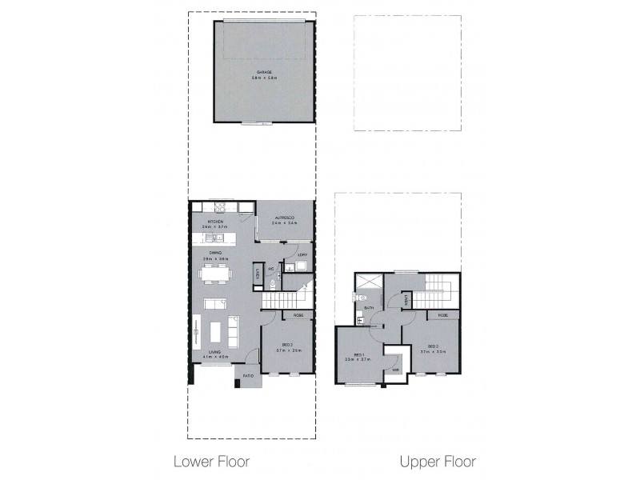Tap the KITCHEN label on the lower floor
point(215,222)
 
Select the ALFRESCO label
point(284,218)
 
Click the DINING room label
point(214,254)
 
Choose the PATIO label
point(248,374)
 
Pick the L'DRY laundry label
point(301,255)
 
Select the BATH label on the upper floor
point(370,307)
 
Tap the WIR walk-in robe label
point(395,370)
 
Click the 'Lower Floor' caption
point(212,462)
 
